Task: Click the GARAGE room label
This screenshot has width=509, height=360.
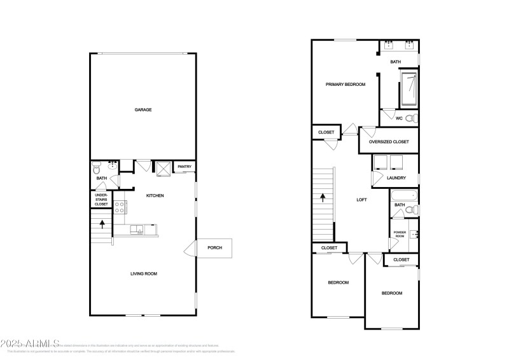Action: (143, 110)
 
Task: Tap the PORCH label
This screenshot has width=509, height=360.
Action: (215, 247)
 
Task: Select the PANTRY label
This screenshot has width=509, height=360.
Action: (185, 167)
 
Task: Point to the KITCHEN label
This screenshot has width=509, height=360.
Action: (155, 195)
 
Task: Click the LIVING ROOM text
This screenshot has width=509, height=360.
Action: (144, 273)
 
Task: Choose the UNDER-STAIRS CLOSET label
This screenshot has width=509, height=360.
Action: (101, 200)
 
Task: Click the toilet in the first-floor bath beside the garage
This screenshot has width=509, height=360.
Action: (96, 169)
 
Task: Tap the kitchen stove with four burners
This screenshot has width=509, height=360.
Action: (120, 206)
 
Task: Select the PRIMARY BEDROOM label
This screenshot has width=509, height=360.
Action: (345, 84)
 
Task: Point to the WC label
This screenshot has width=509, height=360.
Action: (399, 118)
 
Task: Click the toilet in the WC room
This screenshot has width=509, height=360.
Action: (410, 118)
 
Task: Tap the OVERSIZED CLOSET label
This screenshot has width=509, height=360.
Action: (389, 142)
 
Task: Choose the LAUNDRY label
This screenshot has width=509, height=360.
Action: (396, 177)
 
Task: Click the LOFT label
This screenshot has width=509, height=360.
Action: (361, 200)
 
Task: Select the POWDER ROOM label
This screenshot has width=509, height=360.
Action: (400, 234)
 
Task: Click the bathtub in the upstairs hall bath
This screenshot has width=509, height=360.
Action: (402, 195)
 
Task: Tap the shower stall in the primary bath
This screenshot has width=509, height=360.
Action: (408, 89)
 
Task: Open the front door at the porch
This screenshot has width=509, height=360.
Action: (190, 248)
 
